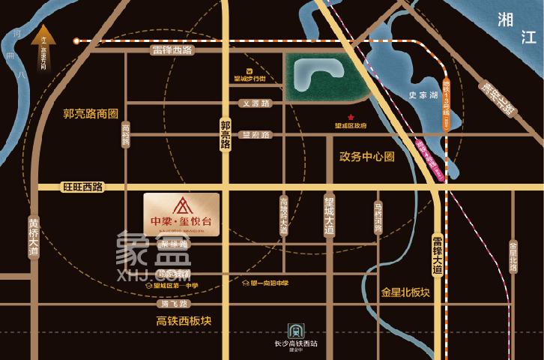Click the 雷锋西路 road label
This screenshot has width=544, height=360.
click(x=172, y=50)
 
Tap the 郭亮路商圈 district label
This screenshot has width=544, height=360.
click(x=91, y=115)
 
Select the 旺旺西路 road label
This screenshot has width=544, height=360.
click(x=83, y=186)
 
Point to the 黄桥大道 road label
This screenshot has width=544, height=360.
click(x=34, y=238)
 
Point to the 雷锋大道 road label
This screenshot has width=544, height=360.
click(x=438, y=254)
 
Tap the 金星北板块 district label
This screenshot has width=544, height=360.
click(x=405, y=292)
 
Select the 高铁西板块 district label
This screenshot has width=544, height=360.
click(x=184, y=320)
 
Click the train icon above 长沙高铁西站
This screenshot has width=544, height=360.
click(x=295, y=330)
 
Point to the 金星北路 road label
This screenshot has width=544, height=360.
click(x=513, y=258)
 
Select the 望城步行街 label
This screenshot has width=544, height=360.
click(x=249, y=76)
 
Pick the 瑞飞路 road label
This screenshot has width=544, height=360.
click(x=175, y=304)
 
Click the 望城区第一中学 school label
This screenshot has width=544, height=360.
click(x=177, y=286)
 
